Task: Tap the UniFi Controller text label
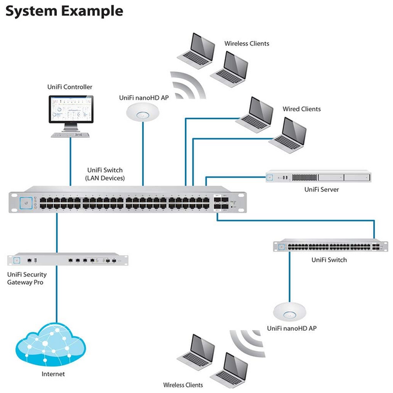pyautogui.click(x=70, y=87)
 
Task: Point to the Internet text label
pyautogui.click(x=53, y=374)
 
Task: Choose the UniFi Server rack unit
pyautogui.click(x=318, y=177)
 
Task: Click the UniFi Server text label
pyautogui.click(x=322, y=190)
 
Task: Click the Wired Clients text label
pyautogui.click(x=302, y=109)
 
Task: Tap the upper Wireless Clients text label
pyautogui.click(x=247, y=44)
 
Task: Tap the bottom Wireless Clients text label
pyautogui.click(x=183, y=385)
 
